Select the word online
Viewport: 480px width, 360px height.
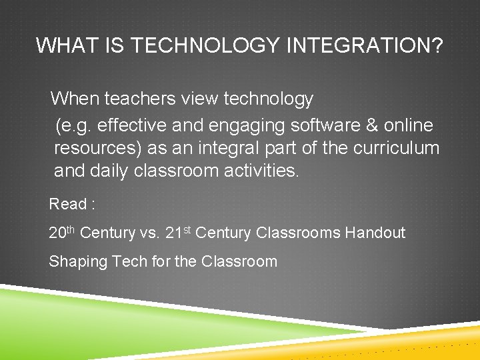[409, 125]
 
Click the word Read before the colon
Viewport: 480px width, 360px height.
[68, 204]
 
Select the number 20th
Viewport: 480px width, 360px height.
[62, 233]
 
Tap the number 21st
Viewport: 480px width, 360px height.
[178, 233]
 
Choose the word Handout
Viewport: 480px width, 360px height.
[375, 233]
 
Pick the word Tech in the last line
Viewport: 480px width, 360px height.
[130, 261]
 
